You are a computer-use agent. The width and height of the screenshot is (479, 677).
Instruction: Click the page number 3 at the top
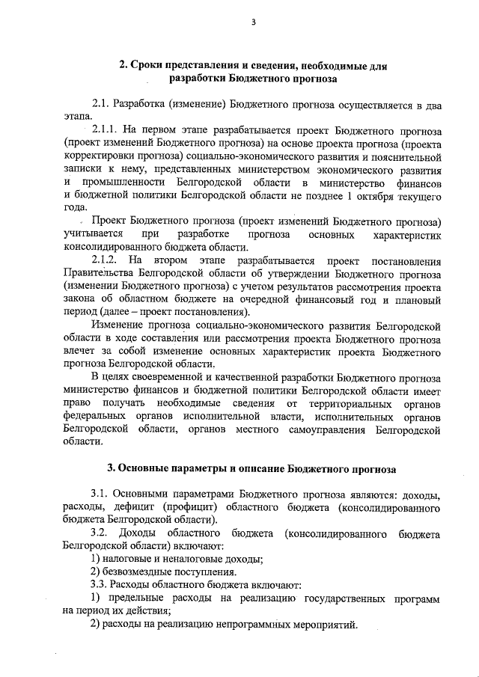(x=253, y=22)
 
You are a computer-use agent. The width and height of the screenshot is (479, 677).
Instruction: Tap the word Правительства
(x=100, y=272)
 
